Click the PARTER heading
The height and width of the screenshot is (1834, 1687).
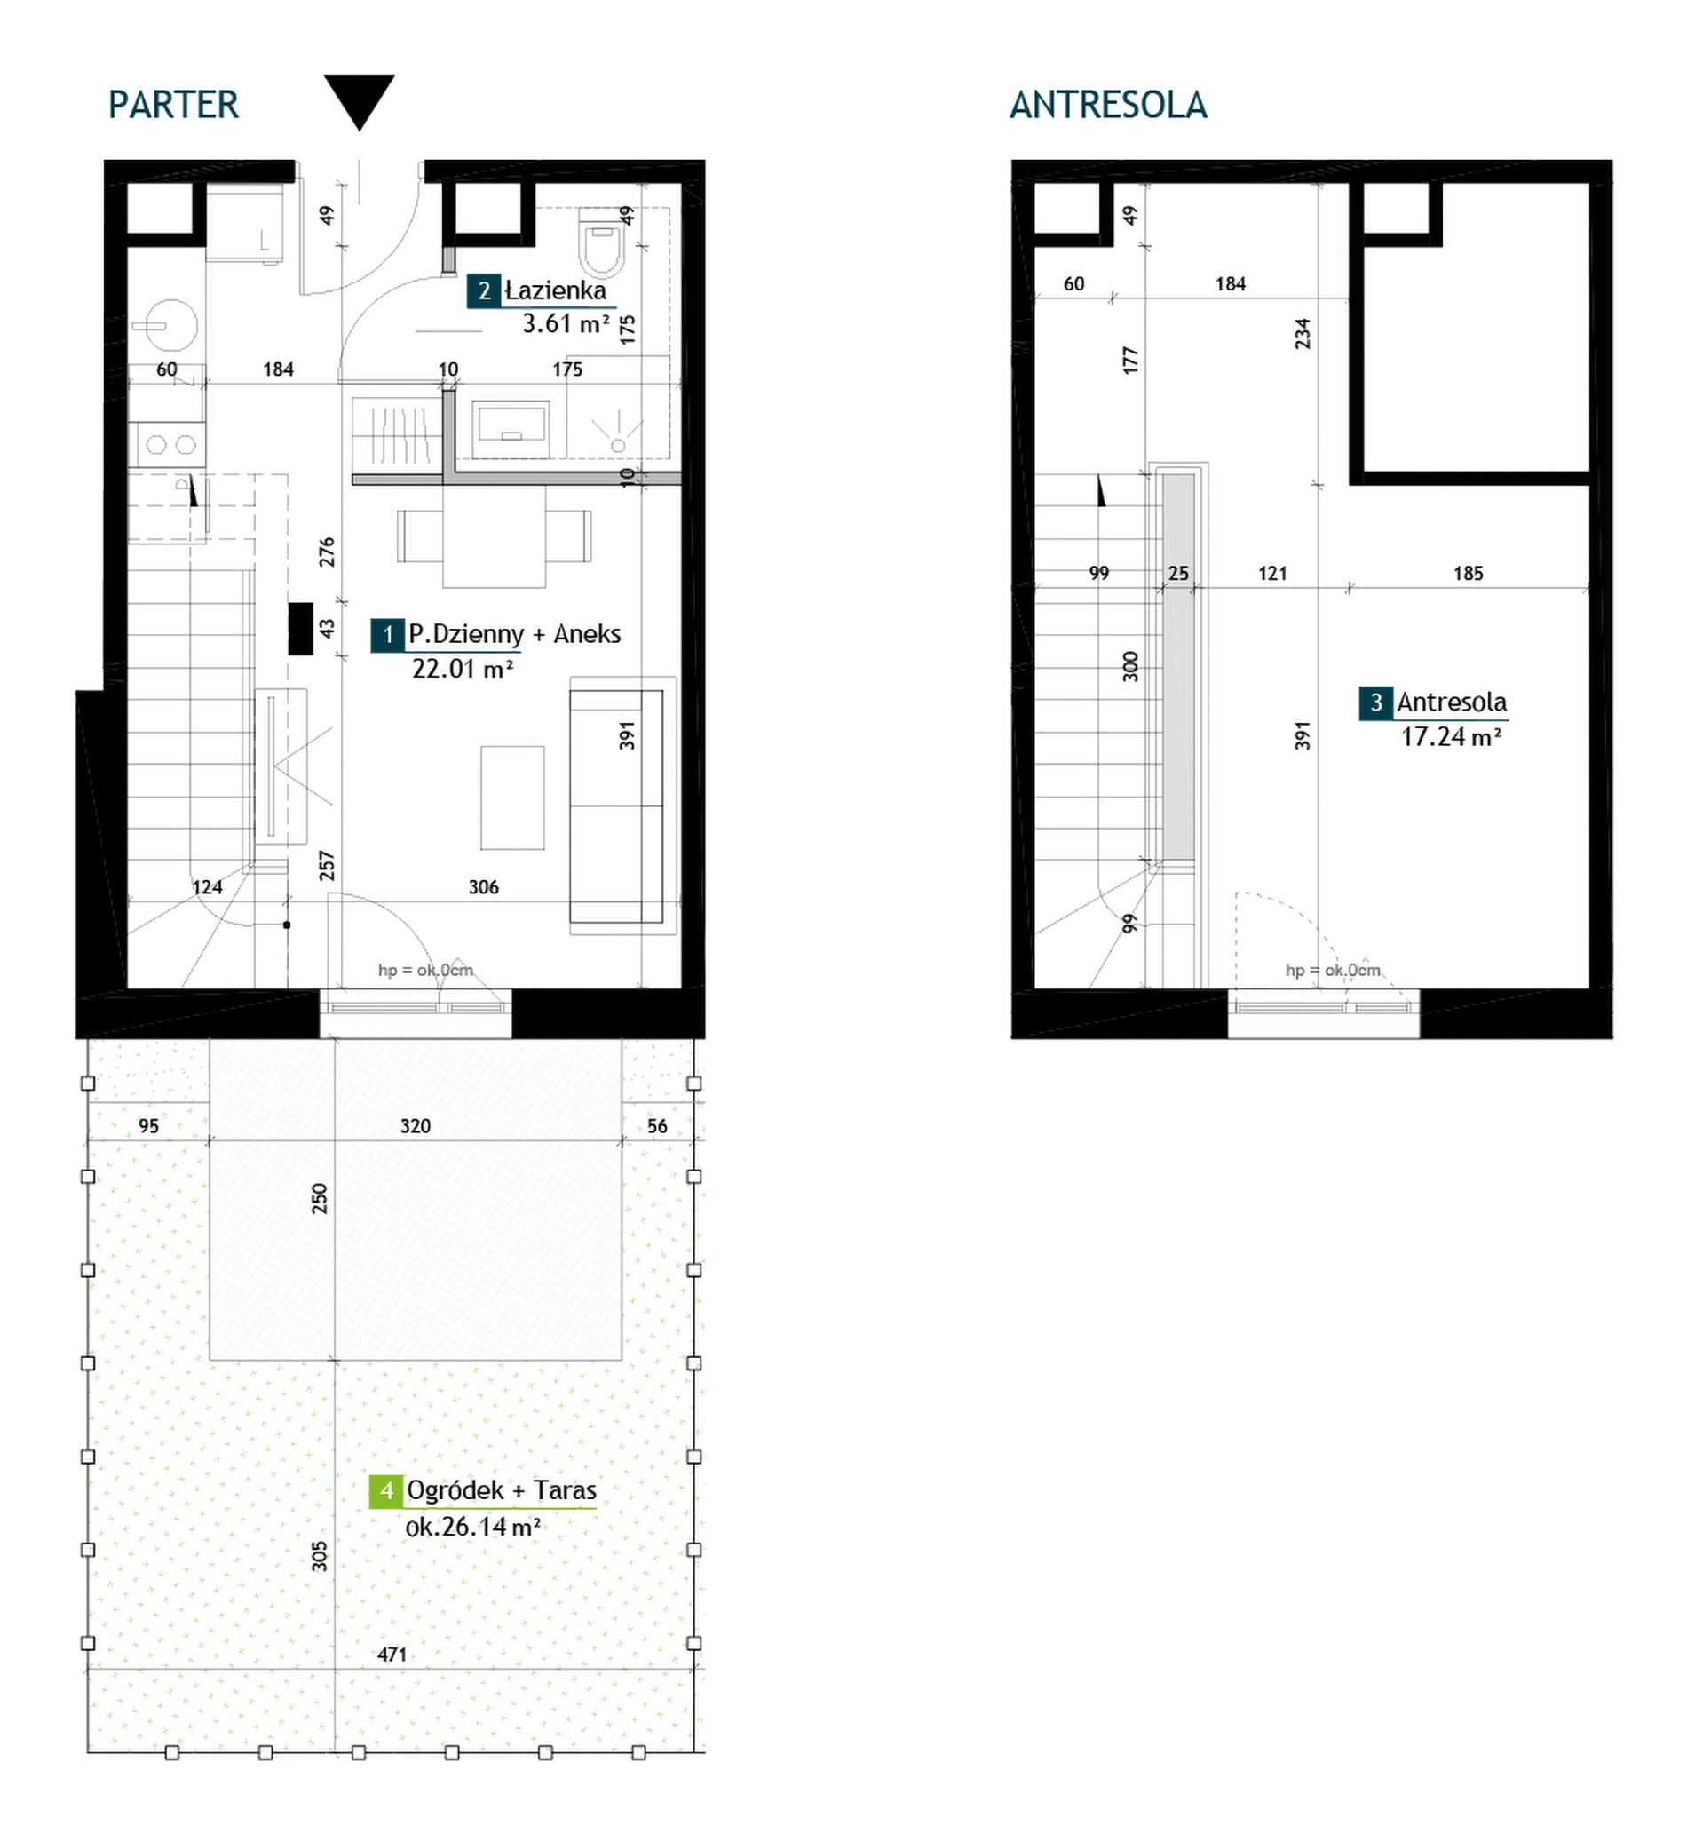pyautogui.click(x=173, y=105)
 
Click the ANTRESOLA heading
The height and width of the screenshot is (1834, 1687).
pyautogui.click(x=1108, y=105)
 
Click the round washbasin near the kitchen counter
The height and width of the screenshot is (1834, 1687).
pyautogui.click(x=165, y=325)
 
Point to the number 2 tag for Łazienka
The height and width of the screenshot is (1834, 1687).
pyautogui.click(x=484, y=291)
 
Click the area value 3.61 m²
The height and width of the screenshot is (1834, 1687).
pyautogui.click(x=565, y=324)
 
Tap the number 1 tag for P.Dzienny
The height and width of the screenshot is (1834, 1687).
pyautogui.click(x=387, y=634)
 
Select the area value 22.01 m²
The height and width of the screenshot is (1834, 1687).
pyautogui.click(x=462, y=669)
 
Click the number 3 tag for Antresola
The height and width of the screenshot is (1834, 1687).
pyautogui.click(x=1375, y=702)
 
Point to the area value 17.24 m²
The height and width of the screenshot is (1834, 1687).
pyautogui.click(x=1452, y=736)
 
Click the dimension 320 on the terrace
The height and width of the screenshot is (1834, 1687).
pyautogui.click(x=416, y=1126)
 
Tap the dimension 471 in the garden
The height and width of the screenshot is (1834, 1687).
pyautogui.click(x=392, y=1655)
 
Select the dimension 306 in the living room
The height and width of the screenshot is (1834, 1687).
pyautogui.click(x=484, y=887)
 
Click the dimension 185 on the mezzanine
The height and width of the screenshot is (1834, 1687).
pyautogui.click(x=1468, y=574)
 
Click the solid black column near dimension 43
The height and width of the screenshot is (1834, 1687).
pyautogui.click(x=300, y=629)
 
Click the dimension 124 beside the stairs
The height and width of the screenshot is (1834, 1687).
pyautogui.click(x=207, y=887)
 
